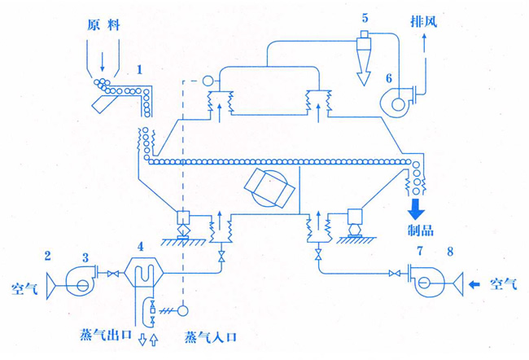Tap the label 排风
click(x=423, y=20)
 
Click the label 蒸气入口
click(x=213, y=336)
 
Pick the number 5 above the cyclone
click(x=365, y=17)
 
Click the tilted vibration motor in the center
click(x=269, y=190)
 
